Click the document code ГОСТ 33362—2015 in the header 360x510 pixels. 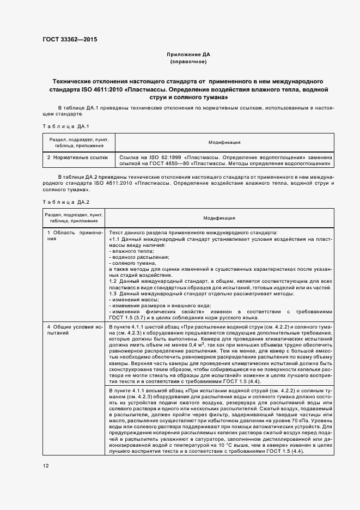[66, 39]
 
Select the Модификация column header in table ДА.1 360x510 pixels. [224, 142]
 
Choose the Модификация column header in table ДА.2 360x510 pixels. [219, 218]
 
